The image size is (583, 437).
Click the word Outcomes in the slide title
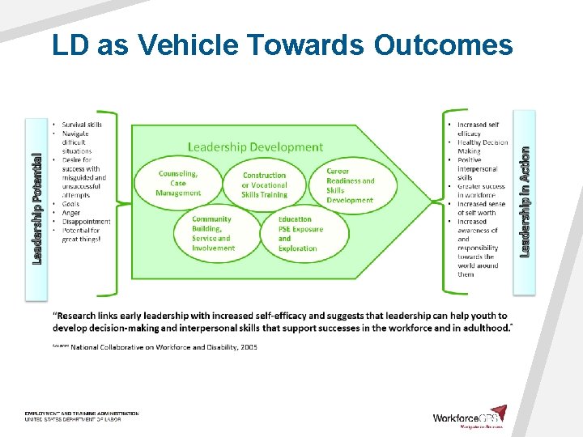[x=443, y=45]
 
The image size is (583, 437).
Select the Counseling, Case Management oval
[x=179, y=183]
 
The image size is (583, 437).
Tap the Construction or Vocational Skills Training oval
[x=265, y=185]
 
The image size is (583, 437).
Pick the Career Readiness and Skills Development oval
[x=350, y=185]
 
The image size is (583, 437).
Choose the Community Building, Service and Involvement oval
[x=212, y=233]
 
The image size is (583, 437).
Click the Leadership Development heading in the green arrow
[x=255, y=147]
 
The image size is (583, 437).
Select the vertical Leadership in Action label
[x=525, y=202]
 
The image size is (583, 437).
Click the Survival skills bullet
[x=82, y=125]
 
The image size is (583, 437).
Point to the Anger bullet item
[x=72, y=213]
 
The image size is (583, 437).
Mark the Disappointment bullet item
[x=85, y=222]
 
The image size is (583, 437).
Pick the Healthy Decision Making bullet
[x=482, y=146]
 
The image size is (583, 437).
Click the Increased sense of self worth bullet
[x=481, y=209]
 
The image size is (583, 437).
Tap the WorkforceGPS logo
[x=470, y=418]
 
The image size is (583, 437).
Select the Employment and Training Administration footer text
[x=81, y=414]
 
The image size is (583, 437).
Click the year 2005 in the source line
[x=247, y=347]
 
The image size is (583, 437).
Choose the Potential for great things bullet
[x=86, y=235]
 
